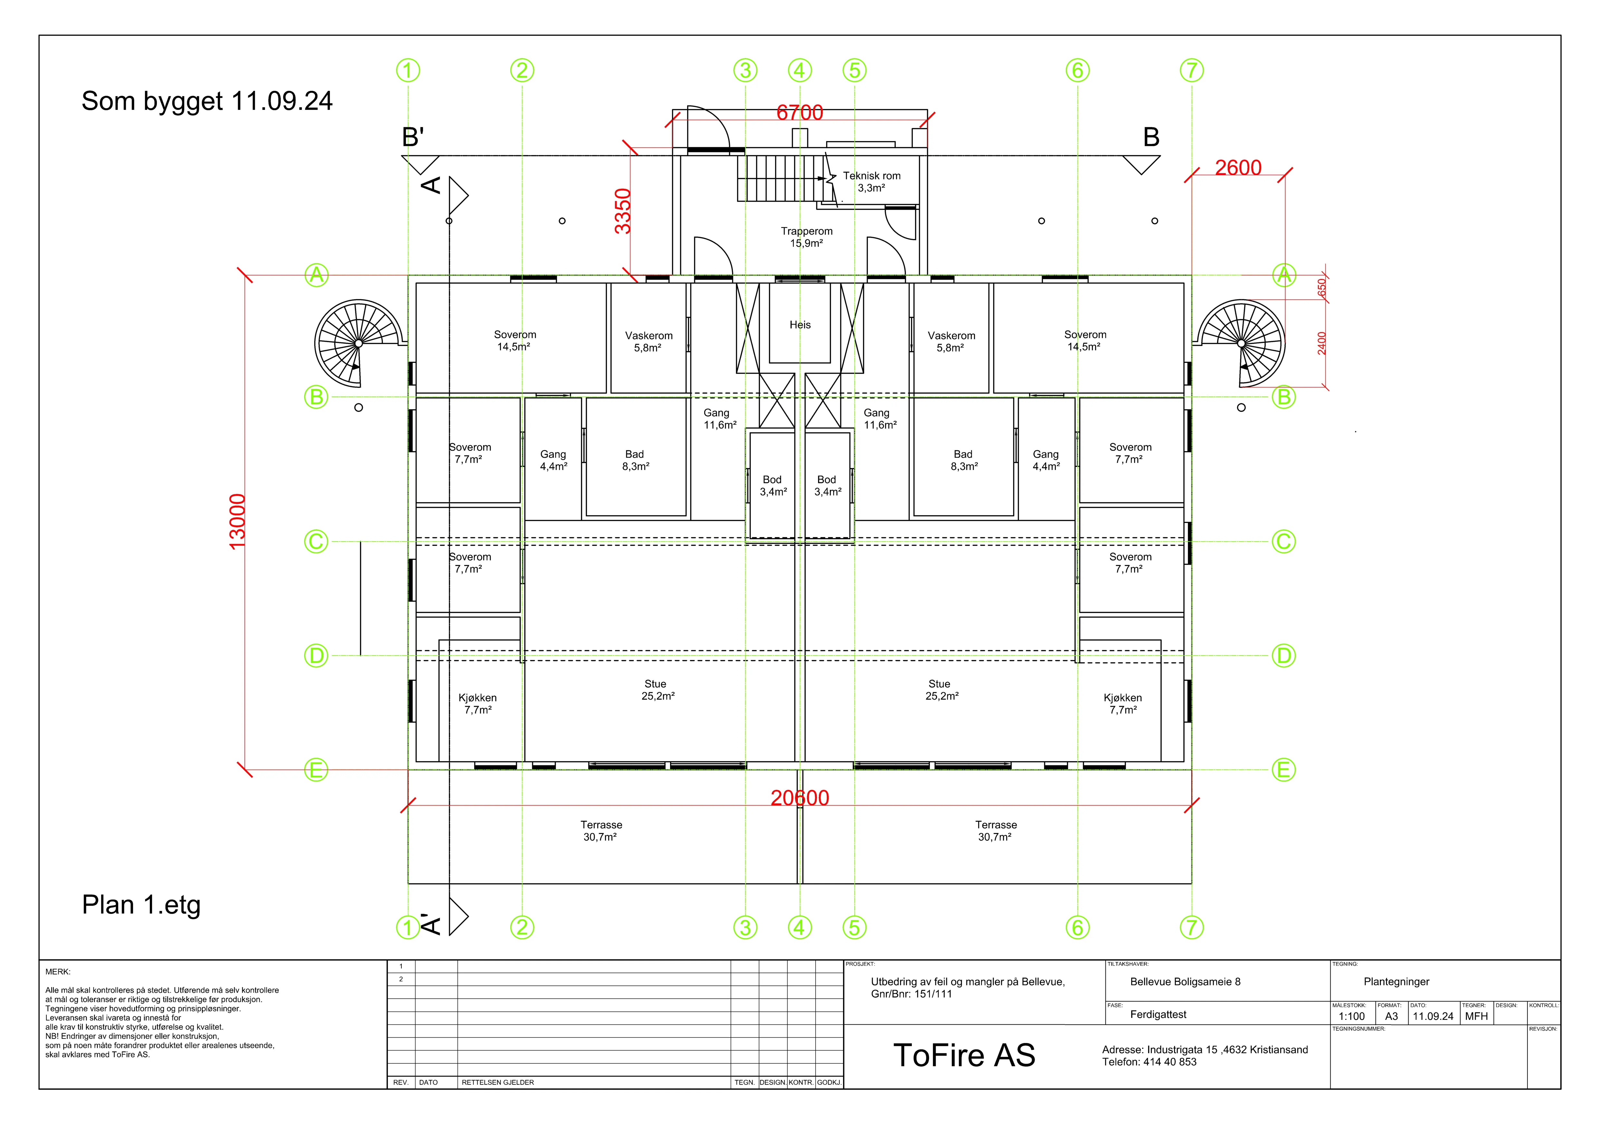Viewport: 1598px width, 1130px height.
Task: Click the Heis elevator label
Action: coord(800,325)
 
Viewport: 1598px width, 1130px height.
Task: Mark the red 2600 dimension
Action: coord(1238,168)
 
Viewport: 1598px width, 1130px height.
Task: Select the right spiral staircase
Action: coord(1241,344)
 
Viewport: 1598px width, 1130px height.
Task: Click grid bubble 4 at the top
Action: coord(800,70)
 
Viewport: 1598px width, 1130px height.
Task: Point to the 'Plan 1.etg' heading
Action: coord(141,905)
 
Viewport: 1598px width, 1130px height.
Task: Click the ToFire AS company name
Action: coord(964,1056)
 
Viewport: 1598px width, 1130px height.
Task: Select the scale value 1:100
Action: coord(1352,1017)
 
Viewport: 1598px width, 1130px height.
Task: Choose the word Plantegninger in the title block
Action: coord(1396,982)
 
